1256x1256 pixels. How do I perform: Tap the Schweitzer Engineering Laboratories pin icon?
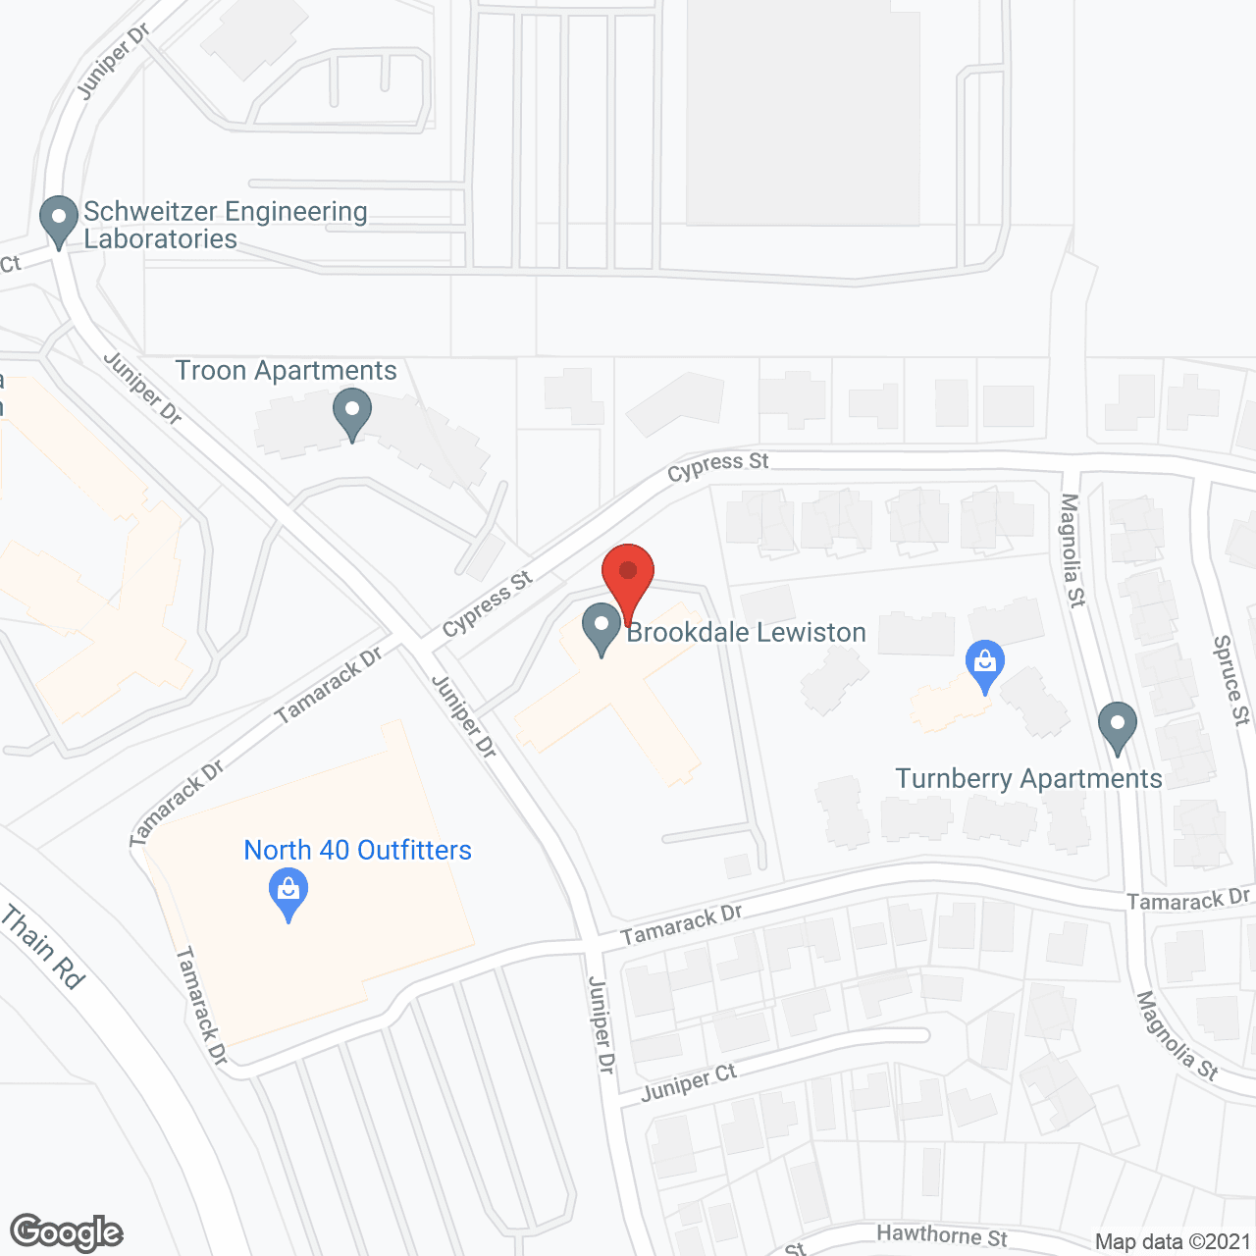[59, 222]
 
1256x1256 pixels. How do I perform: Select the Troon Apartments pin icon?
[352, 414]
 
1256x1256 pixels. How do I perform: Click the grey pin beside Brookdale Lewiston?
[601, 629]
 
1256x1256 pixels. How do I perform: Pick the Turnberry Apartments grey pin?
[1117, 728]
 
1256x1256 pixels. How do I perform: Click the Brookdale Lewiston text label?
[746, 633]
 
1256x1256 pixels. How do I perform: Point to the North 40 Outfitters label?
[357, 850]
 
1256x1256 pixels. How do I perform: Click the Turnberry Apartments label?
[1028, 779]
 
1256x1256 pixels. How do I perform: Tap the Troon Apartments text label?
[286, 371]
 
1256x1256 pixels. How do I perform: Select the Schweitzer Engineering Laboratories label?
[225, 226]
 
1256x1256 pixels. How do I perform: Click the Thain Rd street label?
[43, 947]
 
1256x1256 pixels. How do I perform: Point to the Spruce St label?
[1231, 680]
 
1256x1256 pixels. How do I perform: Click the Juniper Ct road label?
[689, 1082]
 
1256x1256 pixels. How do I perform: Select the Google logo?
[66, 1232]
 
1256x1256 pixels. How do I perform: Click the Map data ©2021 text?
[1173, 1241]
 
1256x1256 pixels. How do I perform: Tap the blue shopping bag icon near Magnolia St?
[985, 666]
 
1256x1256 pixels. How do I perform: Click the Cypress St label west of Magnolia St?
[718, 466]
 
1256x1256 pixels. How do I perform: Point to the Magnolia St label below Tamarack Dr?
[1177, 1036]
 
